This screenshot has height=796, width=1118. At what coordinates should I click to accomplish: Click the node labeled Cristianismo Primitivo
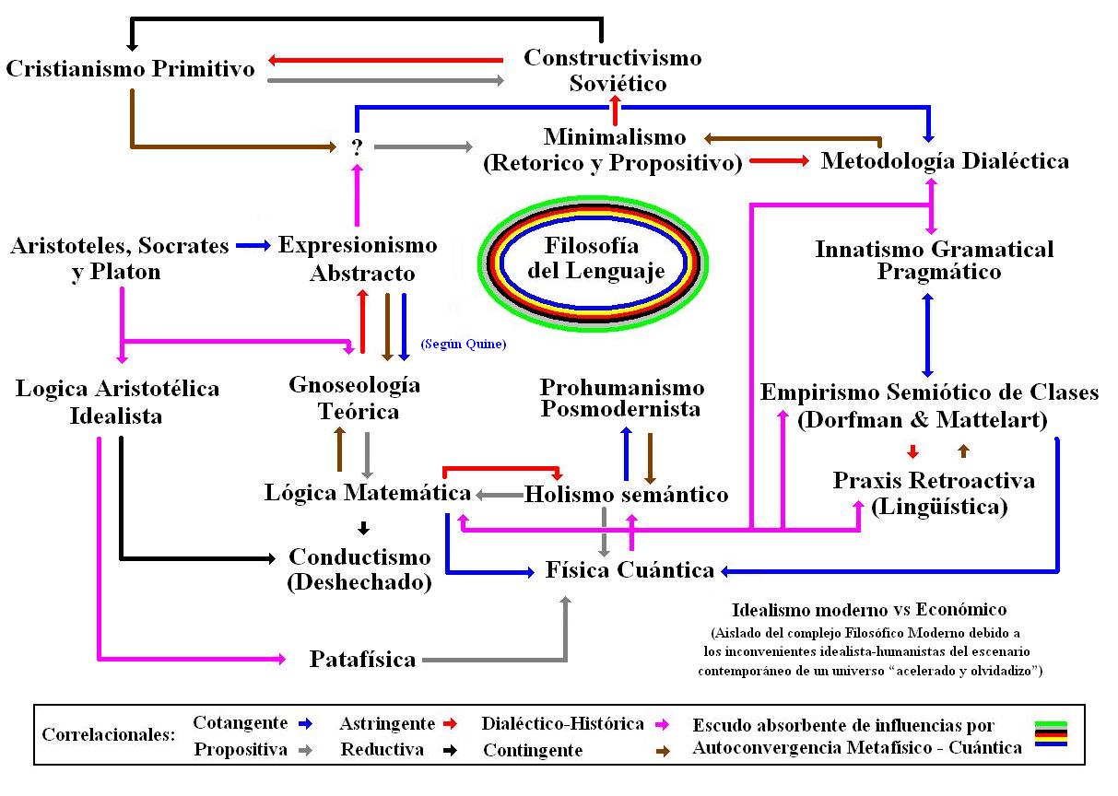point(130,69)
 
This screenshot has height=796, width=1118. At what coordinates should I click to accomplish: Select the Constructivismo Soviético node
point(612,70)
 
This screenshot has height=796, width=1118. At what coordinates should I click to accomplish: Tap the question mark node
point(357,146)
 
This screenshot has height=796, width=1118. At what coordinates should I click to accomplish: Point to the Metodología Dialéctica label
point(945,161)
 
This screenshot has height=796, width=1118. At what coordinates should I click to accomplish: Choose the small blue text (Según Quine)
point(464,344)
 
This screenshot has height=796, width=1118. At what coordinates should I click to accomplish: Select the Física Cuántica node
point(630,570)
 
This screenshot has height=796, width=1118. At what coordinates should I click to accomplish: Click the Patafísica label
point(362,660)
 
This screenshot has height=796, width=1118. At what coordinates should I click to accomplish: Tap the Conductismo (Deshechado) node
point(359,569)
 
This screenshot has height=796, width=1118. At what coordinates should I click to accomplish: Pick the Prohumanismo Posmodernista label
point(622,398)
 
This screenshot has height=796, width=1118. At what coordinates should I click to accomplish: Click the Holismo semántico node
point(626,495)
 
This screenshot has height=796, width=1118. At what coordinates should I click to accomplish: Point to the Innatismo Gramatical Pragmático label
point(935,260)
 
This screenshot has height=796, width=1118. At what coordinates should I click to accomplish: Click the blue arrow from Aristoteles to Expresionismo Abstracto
point(253,246)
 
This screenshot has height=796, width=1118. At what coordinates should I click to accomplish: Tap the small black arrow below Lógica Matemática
point(363,528)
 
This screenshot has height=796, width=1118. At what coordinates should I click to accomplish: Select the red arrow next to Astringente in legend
point(450,724)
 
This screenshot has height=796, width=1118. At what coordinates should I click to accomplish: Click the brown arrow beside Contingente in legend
point(662,751)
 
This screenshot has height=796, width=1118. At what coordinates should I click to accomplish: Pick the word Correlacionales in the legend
point(108,736)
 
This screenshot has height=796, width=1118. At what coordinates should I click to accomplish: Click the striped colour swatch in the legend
point(1050,734)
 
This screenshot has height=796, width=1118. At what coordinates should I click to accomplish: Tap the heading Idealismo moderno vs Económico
point(868,610)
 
